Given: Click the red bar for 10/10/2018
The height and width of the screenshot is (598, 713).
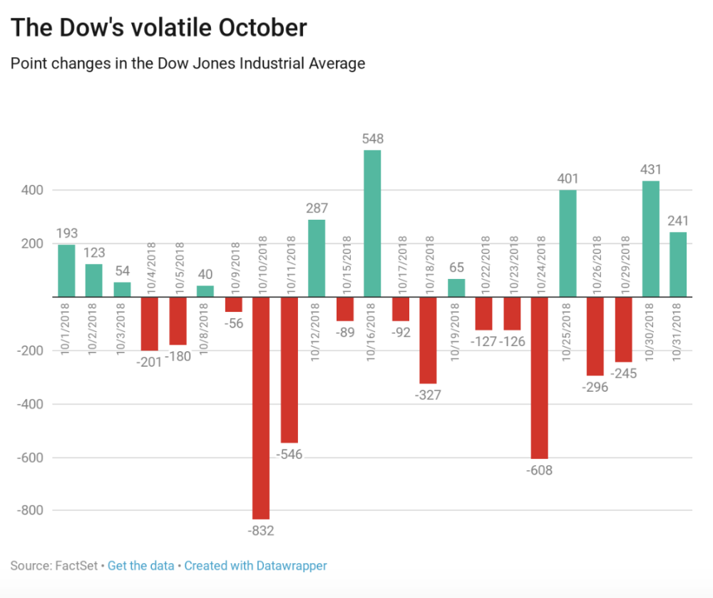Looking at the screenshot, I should (x=261, y=407).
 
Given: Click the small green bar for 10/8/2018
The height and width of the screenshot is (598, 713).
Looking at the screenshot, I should (x=205, y=291).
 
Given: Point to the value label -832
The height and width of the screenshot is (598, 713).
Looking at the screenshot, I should (x=260, y=531).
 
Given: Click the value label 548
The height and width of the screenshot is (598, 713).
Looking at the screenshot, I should (x=372, y=138).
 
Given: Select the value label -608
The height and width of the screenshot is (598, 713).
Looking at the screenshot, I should (x=540, y=470).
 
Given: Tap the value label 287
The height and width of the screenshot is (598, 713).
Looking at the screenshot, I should (x=317, y=208).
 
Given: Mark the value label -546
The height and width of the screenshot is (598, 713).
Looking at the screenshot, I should (x=288, y=454).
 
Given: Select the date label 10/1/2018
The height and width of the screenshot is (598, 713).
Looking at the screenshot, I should (x=66, y=328).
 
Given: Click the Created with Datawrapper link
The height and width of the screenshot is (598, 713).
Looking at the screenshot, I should (x=255, y=566).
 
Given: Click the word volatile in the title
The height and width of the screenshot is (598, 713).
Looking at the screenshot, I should (x=168, y=28).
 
